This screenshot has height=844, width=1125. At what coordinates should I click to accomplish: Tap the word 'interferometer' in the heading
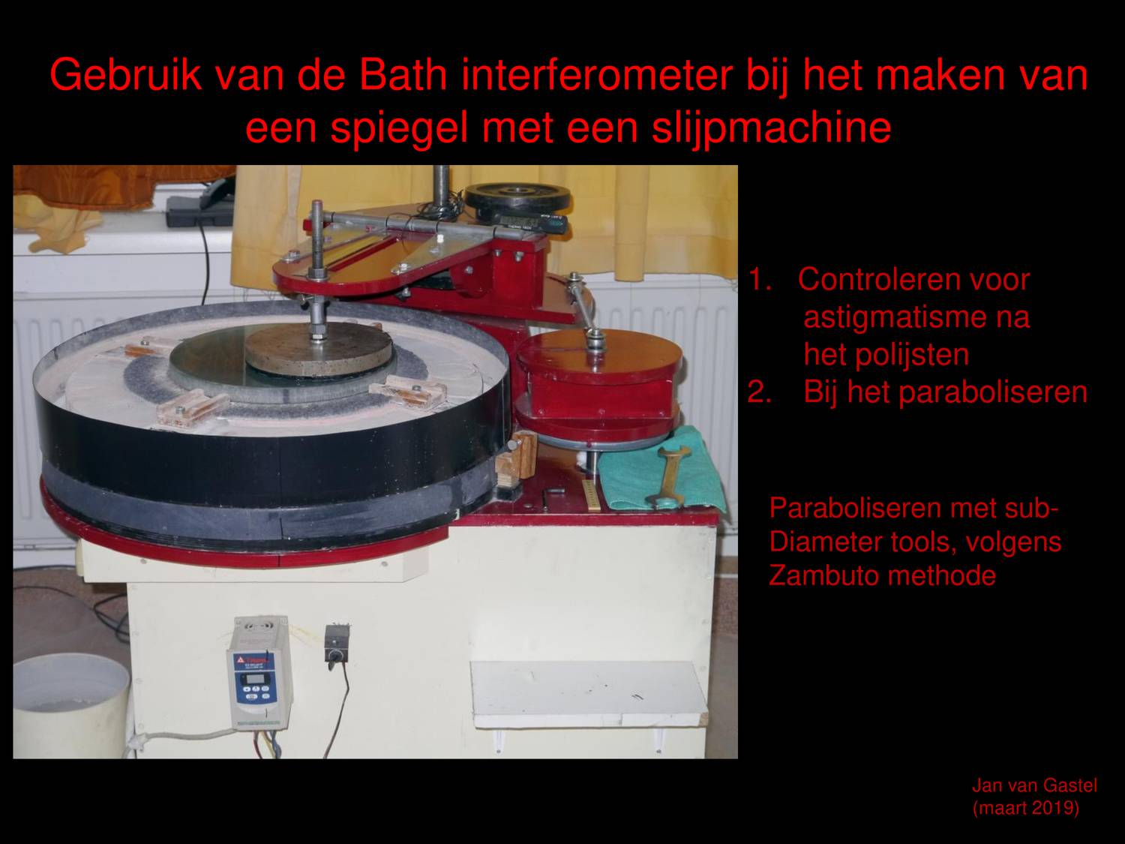597,75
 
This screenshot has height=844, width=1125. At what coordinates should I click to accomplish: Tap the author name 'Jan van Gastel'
1034,785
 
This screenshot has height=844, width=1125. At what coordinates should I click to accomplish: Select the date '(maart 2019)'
1025,809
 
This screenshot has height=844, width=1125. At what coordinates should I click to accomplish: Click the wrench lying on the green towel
672,473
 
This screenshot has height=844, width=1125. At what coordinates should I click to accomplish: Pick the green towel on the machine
660,469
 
